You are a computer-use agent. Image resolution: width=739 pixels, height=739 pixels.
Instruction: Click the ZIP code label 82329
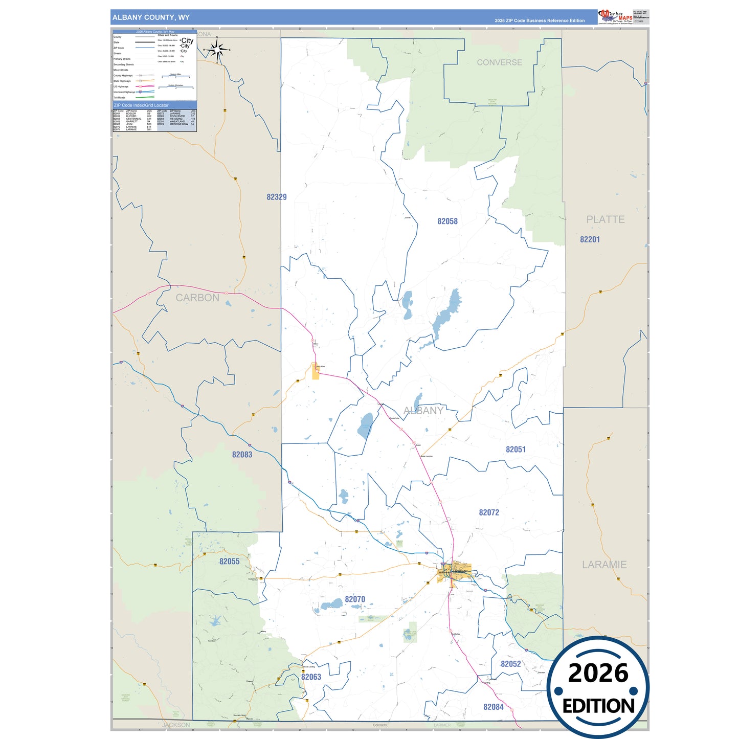click(277, 197)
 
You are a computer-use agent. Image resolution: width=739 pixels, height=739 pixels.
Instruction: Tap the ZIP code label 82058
click(447, 221)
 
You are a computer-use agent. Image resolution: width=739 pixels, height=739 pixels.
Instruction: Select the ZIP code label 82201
click(590, 239)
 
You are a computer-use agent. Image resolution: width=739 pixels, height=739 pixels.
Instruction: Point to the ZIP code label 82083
click(242, 455)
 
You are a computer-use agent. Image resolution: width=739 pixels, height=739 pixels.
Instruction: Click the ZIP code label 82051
click(516, 450)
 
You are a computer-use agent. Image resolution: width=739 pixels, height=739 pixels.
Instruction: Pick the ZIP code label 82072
click(489, 512)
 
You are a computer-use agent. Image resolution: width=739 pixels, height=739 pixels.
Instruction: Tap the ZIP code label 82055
click(229, 562)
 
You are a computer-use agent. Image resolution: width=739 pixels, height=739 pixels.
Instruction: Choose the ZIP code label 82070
click(355, 599)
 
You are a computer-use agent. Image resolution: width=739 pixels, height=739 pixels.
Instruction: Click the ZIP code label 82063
click(311, 677)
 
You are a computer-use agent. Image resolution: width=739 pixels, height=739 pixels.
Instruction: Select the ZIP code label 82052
click(510, 664)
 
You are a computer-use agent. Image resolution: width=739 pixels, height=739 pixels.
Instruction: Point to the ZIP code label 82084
click(494, 707)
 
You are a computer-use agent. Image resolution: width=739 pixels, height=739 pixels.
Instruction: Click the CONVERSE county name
click(499, 62)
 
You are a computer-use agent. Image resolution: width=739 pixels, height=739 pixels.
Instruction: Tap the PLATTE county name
click(606, 219)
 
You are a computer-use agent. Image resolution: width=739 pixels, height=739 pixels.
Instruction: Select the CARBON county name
click(197, 298)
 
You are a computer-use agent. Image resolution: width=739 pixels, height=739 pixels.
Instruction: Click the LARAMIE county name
click(604, 565)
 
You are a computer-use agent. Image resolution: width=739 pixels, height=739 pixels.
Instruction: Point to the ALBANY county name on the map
click(423, 411)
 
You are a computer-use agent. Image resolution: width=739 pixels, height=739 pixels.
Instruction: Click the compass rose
click(217, 50)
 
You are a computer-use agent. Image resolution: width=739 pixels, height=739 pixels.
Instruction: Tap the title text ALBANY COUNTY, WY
click(151, 17)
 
